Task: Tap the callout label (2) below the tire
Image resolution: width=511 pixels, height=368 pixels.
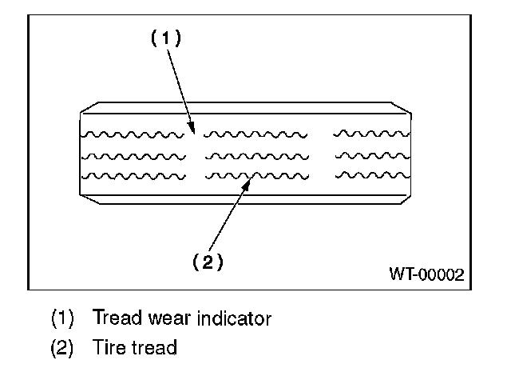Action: click(207, 262)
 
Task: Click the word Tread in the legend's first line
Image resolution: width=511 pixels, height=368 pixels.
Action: click(117, 318)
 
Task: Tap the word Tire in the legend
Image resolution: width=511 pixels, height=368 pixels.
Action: click(108, 349)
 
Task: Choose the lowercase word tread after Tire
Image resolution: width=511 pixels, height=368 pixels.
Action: click(152, 349)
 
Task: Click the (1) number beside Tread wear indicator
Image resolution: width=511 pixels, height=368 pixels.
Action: click(62, 318)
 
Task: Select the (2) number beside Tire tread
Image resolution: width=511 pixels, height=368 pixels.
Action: click(62, 349)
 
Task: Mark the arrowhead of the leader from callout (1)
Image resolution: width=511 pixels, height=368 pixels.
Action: click(192, 128)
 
